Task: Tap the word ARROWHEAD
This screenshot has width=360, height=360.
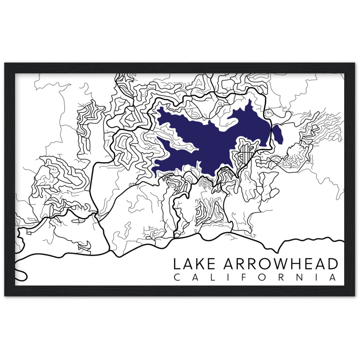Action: pyautogui.click(x=281, y=264)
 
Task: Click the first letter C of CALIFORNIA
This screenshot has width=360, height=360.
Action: pyautogui.click(x=176, y=278)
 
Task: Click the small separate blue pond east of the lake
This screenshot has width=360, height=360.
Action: pyautogui.click(x=278, y=134)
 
